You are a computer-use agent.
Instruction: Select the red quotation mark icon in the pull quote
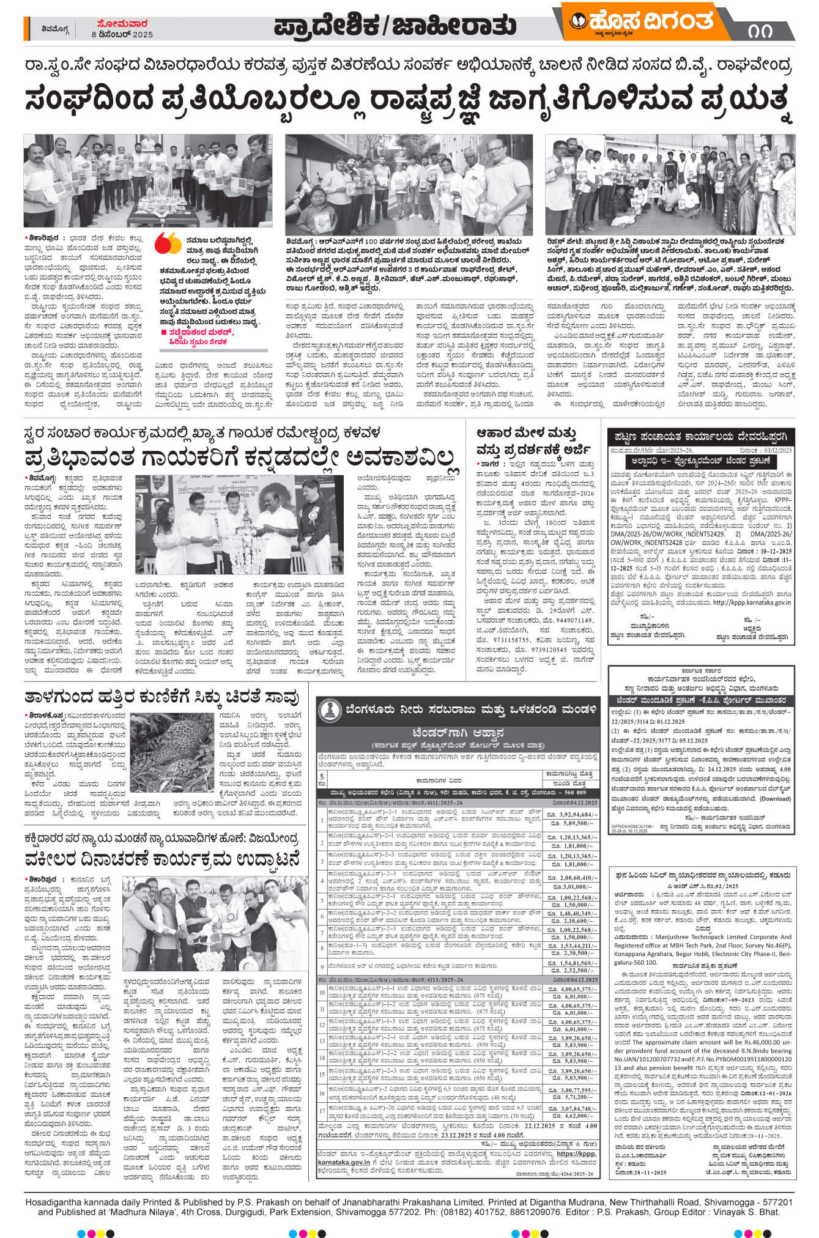168,243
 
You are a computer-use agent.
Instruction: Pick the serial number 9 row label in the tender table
322,965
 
